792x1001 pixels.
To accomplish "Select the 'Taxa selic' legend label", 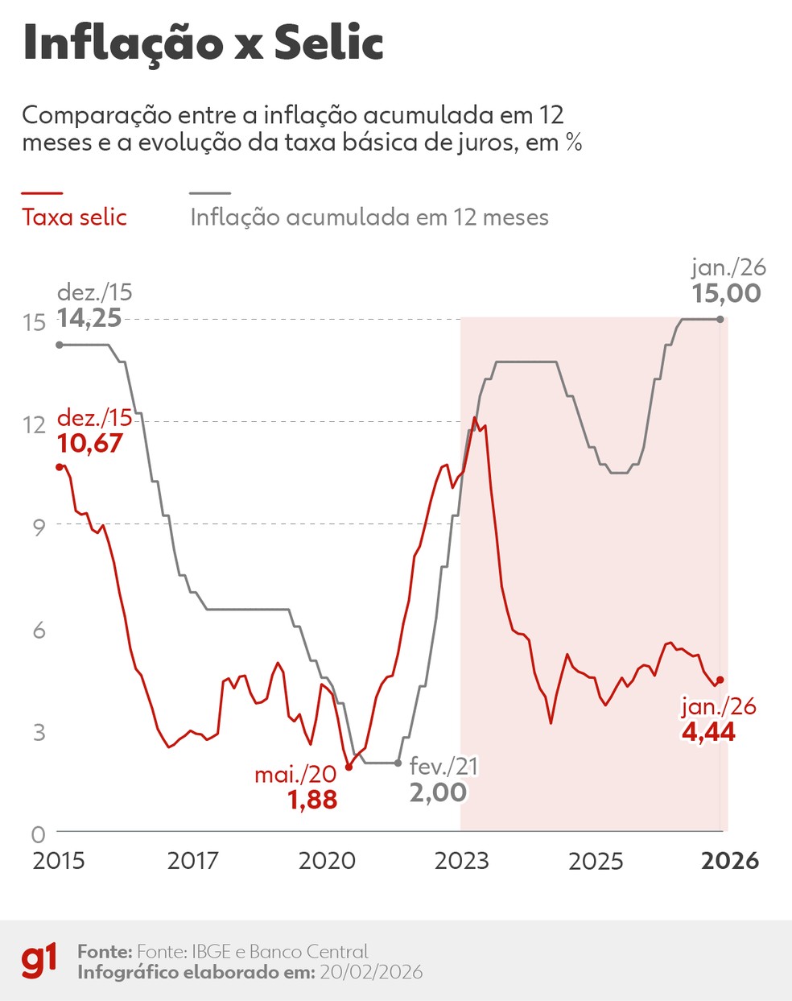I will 74,217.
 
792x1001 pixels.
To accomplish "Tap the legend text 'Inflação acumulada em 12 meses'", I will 369,217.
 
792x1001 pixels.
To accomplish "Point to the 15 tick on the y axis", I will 34,322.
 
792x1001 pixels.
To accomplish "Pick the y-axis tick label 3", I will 39,732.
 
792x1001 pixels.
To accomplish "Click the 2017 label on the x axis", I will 192,861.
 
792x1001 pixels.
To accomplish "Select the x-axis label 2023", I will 461,861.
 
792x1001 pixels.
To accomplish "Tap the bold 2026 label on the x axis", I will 729,861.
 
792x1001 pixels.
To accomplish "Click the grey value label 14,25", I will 89,318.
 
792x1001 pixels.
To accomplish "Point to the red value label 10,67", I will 89,443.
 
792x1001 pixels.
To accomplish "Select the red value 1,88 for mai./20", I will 312,800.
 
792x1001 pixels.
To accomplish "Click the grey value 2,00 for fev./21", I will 438,792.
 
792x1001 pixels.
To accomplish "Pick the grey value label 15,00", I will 726,293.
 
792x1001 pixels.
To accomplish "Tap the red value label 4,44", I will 708,732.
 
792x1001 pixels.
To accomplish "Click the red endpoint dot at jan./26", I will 720,680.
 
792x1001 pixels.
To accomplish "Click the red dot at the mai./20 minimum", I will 349,767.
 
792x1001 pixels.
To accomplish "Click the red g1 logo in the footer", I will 39,961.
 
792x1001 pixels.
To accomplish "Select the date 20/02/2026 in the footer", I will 371,972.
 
